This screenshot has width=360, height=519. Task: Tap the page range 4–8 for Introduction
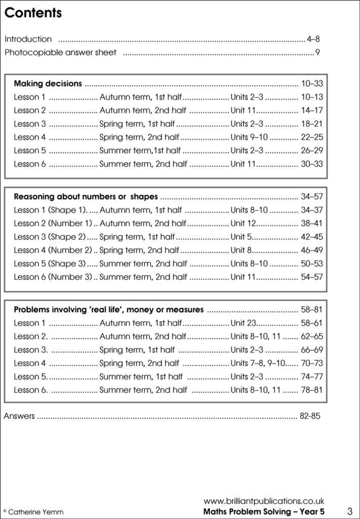tap(313, 39)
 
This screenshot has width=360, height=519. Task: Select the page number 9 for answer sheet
tap(317, 52)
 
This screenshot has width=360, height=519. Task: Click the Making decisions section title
tap(48, 83)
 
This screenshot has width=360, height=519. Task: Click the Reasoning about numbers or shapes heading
tap(86, 196)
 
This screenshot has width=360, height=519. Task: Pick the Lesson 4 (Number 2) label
tap(53, 250)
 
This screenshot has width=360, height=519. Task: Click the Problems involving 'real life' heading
tap(109, 309)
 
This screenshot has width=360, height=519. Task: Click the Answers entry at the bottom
tap(19, 416)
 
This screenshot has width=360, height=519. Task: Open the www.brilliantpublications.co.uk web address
tap(264, 501)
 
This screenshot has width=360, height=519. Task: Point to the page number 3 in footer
tap(350, 510)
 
